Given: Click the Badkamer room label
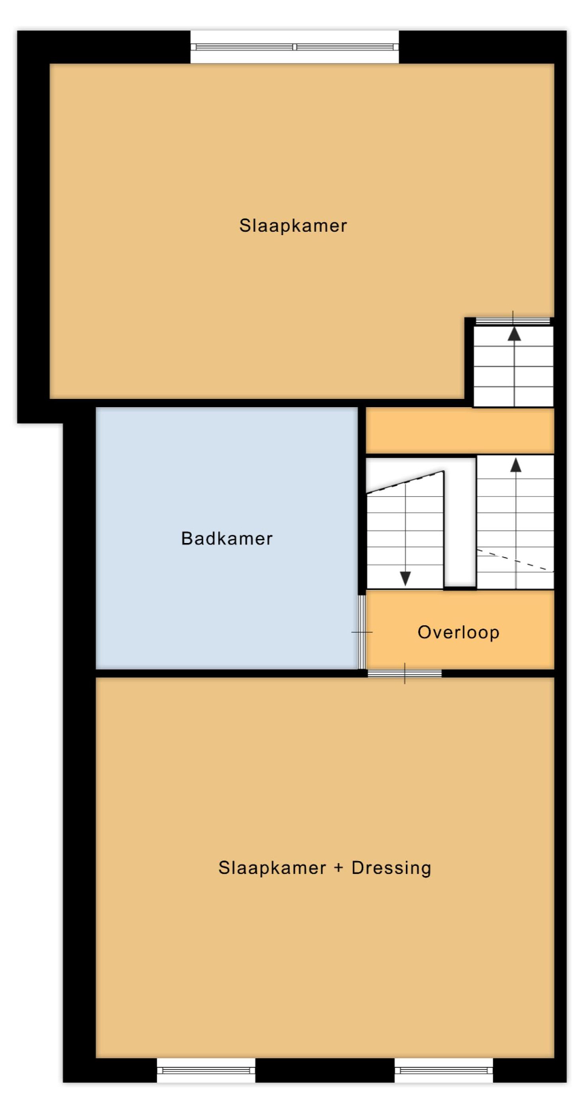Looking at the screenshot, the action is coord(227,538).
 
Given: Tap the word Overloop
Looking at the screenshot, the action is coord(458,633).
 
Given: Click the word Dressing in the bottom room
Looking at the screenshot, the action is coord(391,868).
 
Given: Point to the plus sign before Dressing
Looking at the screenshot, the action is coord(339,869).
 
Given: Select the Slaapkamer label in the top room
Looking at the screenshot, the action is coord(293,226).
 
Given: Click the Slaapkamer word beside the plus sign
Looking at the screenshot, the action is coord(272,868).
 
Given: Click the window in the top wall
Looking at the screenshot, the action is coord(294,47).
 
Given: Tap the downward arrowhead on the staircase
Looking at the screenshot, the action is coord(405,578).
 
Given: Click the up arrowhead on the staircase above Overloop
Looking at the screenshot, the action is coord(515,465).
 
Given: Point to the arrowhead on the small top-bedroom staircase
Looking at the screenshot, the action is coord(514,334).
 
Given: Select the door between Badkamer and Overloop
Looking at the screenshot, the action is coord(362,632).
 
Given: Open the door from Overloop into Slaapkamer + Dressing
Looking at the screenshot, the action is coord(405,674).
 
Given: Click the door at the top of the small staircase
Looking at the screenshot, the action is coord(513,321).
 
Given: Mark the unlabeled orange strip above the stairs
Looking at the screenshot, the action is coord(460,431).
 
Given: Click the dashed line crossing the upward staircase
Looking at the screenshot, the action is coord(515,560).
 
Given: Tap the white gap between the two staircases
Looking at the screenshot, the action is coord(460,521).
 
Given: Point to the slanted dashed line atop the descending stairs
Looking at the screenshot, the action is coord(405,482).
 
